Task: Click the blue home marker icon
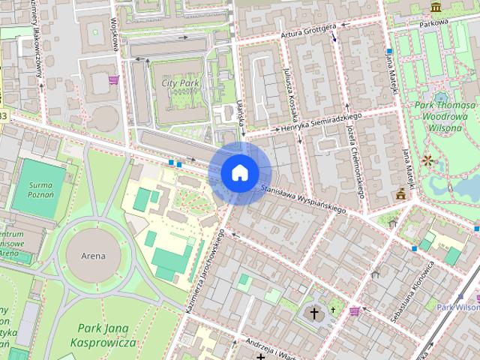click(x=239, y=172)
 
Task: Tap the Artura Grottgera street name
click(x=309, y=33)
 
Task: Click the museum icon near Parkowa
click(x=436, y=7)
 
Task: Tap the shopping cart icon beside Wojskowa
click(x=113, y=79)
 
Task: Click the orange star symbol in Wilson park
click(x=427, y=160)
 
